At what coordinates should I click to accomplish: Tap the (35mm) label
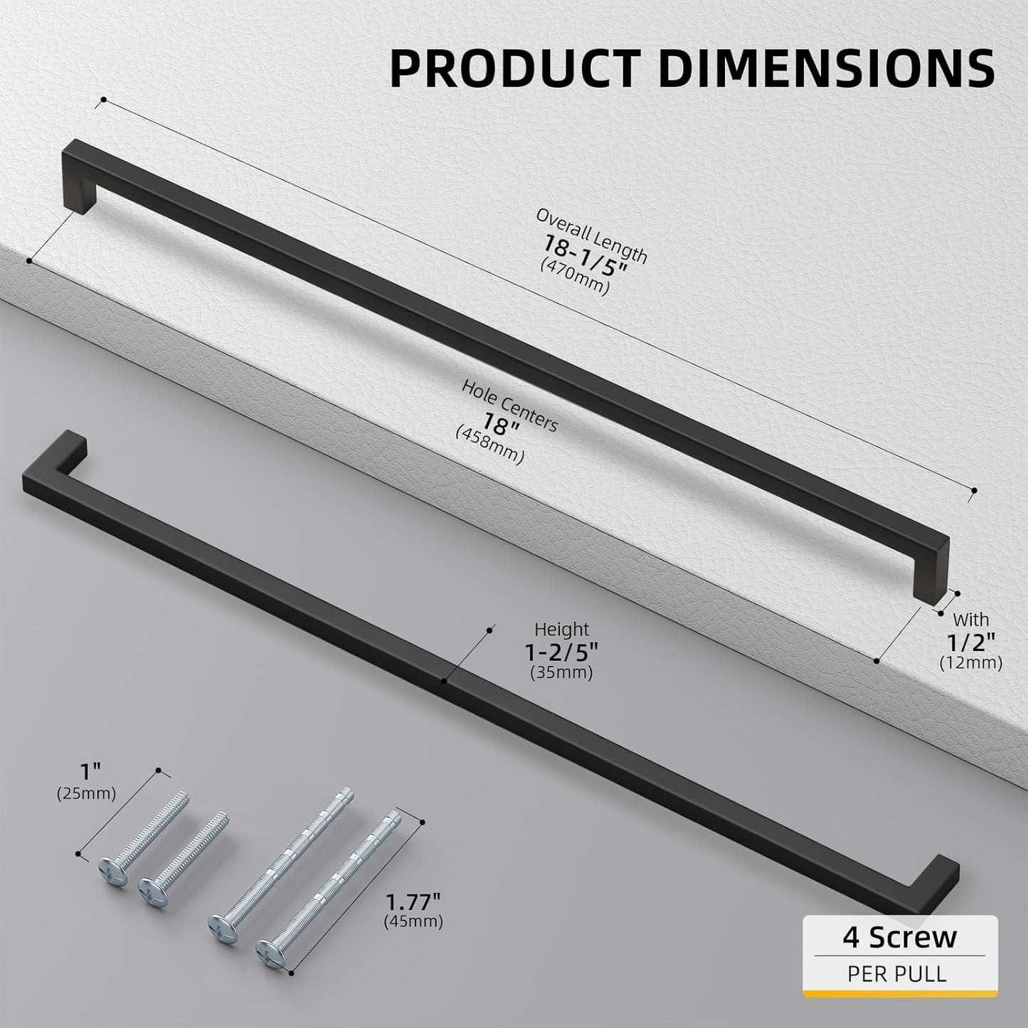[561, 672]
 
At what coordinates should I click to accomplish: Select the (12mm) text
[970, 663]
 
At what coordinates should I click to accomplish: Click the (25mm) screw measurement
[86, 793]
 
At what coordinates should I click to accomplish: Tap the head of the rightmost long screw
[267, 949]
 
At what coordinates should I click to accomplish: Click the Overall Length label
[592, 235]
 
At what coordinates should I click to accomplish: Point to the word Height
[562, 630]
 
